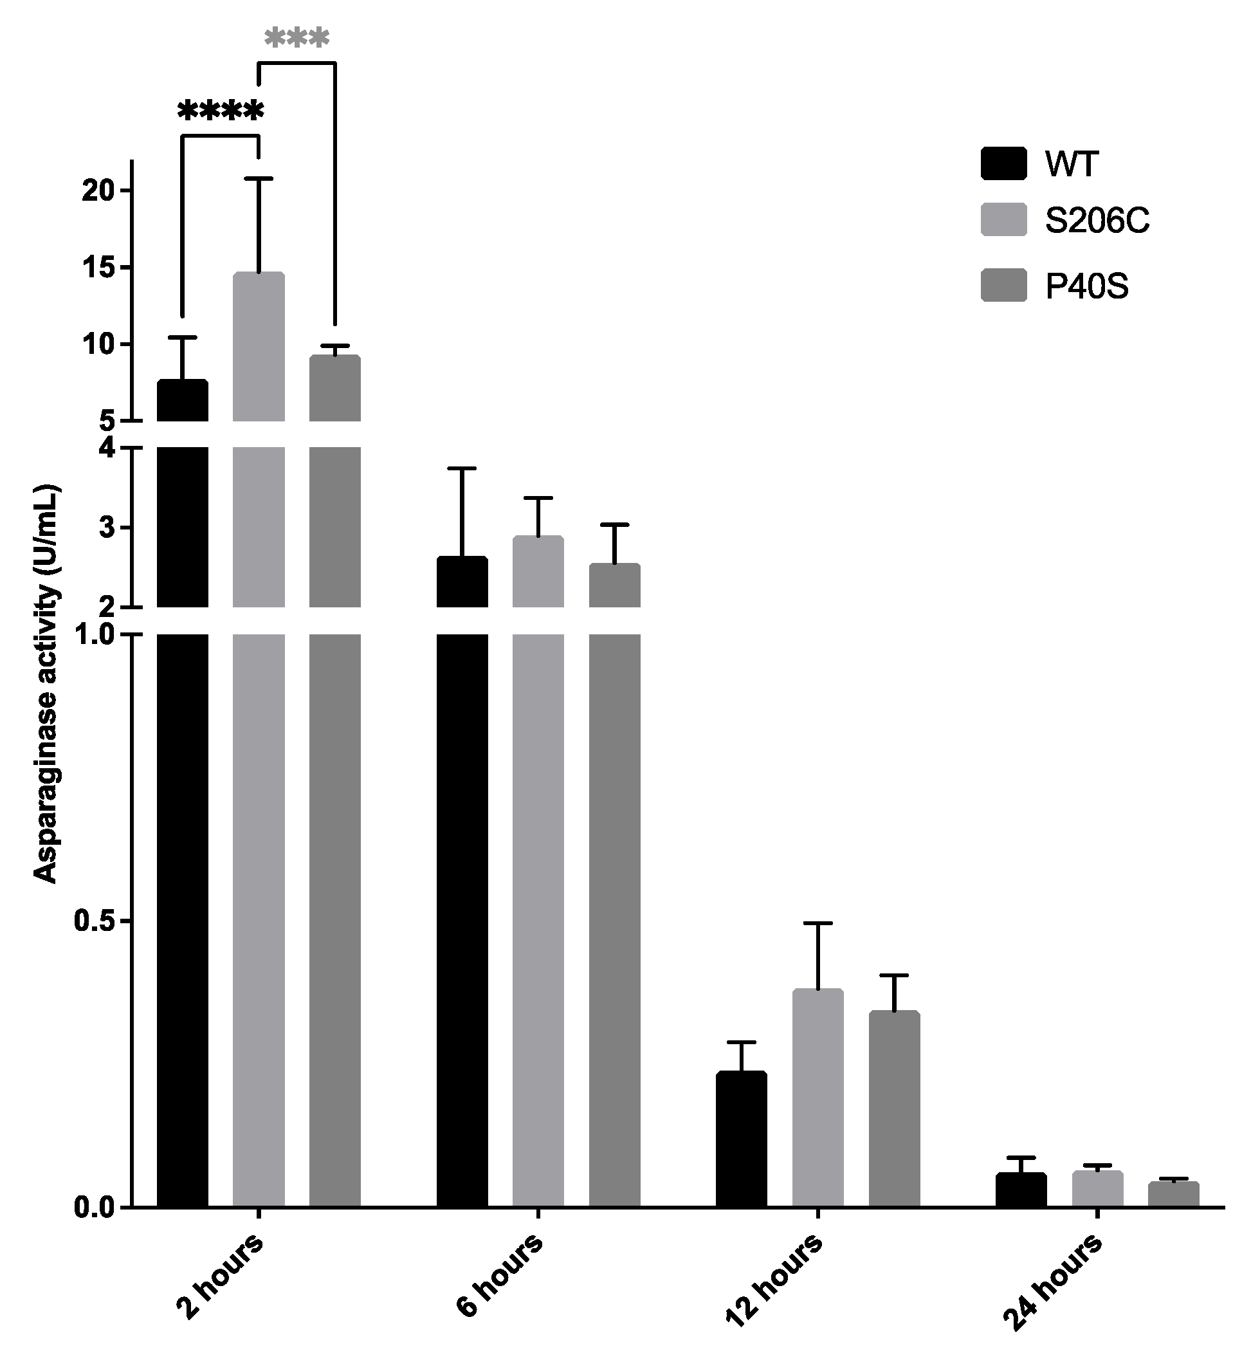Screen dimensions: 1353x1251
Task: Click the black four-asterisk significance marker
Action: [221, 111]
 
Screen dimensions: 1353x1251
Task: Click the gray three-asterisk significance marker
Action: [297, 39]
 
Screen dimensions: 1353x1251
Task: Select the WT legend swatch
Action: [1003, 163]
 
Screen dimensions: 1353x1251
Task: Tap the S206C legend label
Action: [1097, 221]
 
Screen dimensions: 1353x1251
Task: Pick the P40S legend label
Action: [1086, 286]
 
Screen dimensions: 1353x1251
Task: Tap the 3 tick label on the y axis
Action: [107, 528]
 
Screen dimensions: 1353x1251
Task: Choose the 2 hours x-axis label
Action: [218, 1276]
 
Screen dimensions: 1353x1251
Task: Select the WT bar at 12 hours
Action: [741, 1137]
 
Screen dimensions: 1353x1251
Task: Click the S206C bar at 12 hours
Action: [817, 1097]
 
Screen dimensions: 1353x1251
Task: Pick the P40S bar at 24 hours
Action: [1173, 1195]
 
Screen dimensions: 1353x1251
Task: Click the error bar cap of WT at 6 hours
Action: [462, 468]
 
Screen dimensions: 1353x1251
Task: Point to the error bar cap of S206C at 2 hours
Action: [259, 178]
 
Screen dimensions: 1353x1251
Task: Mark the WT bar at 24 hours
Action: [1021, 1190]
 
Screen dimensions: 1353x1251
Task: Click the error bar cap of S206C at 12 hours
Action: [817, 923]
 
